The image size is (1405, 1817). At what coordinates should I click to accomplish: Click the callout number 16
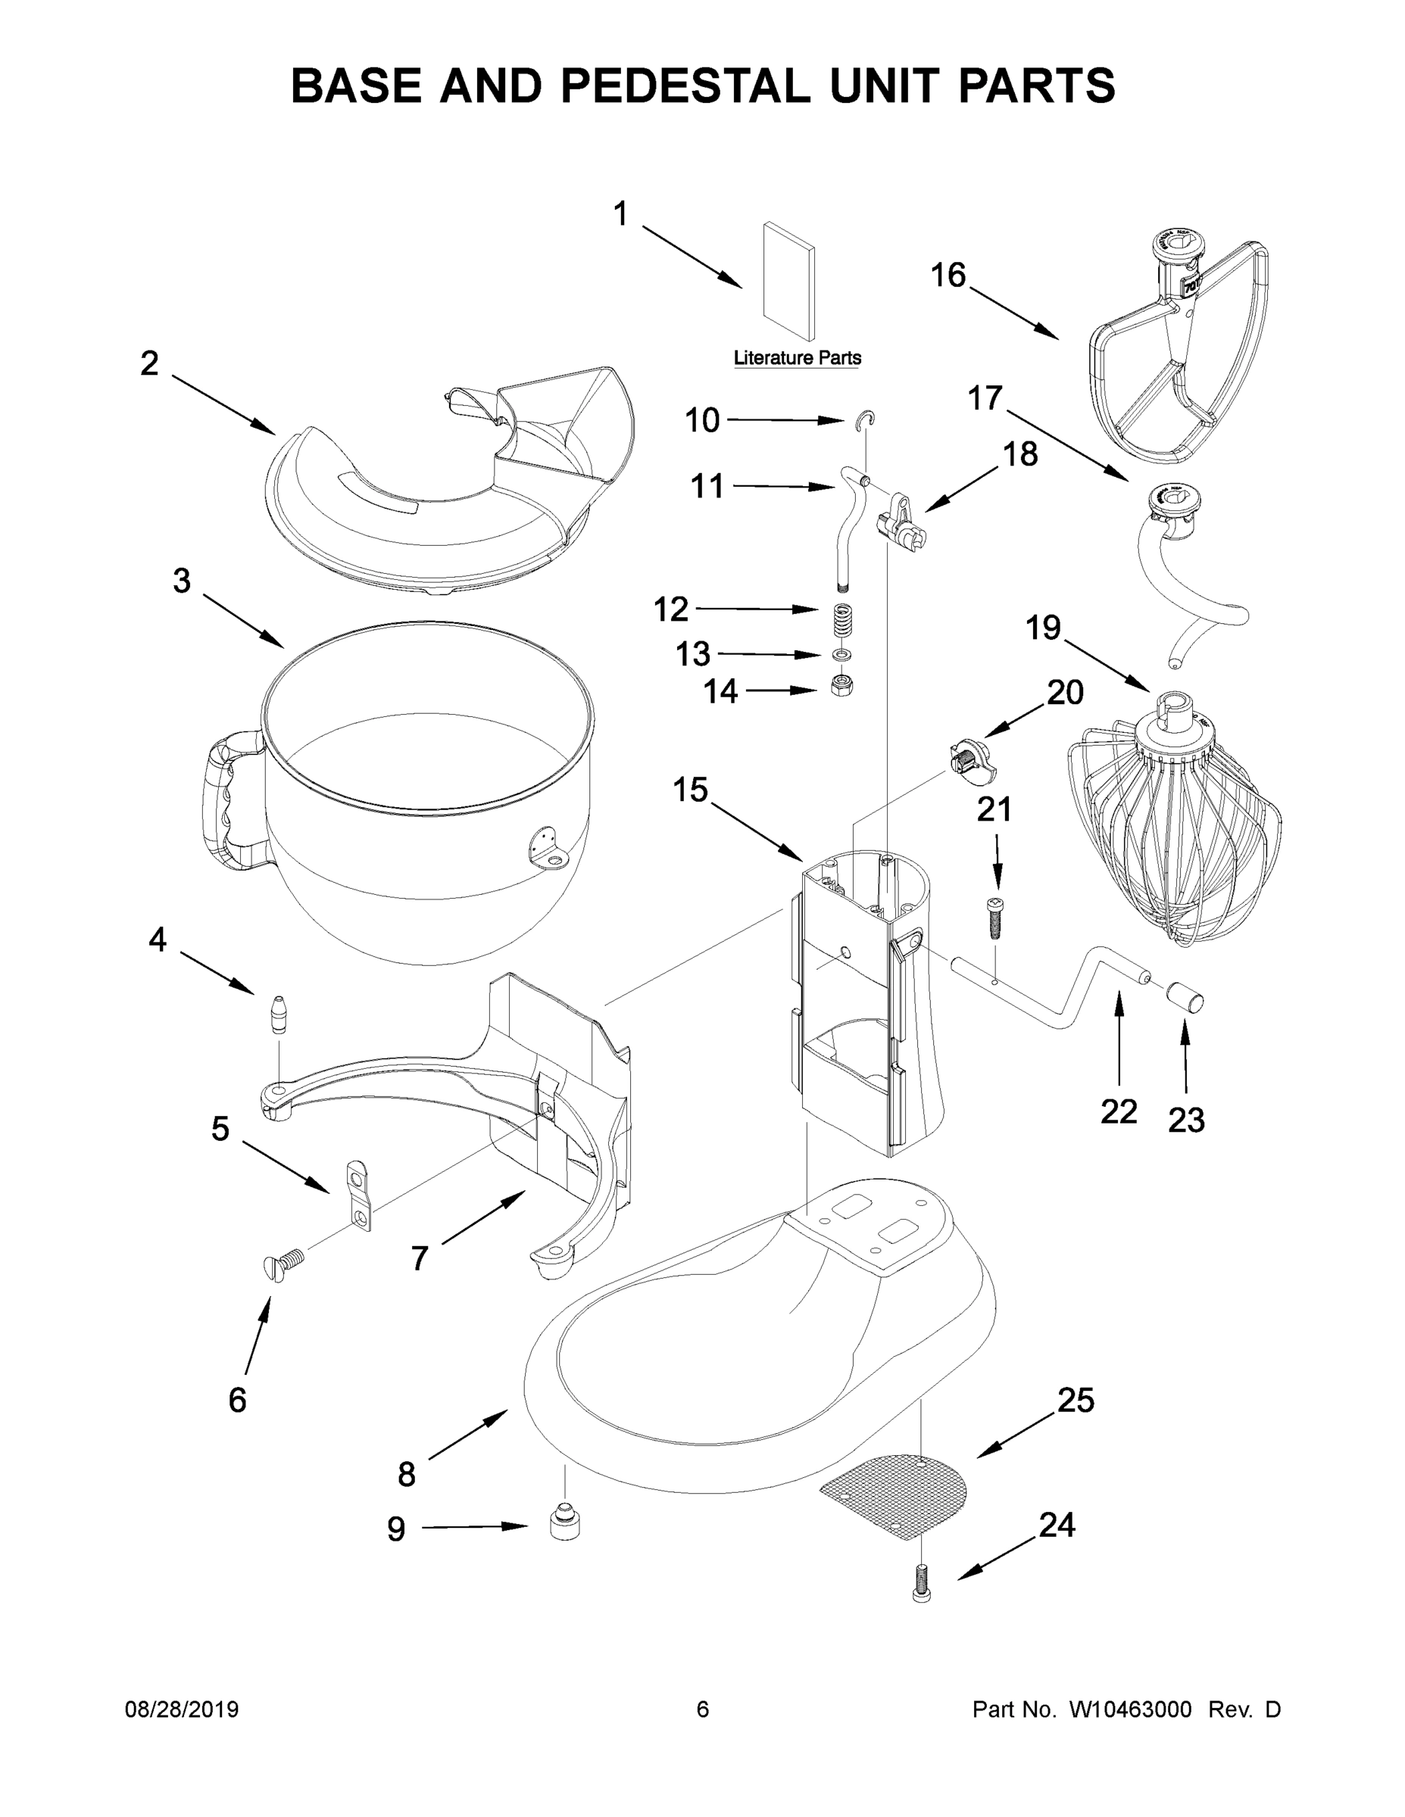(948, 275)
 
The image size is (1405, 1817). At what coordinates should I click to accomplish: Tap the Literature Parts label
(797, 358)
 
